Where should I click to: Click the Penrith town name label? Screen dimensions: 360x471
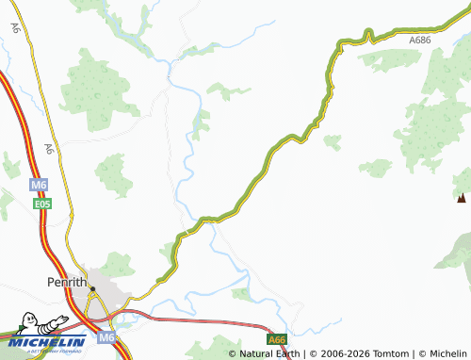[67, 282]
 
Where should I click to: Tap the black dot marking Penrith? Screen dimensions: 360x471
[92, 288]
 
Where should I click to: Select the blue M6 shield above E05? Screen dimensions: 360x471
[39, 185]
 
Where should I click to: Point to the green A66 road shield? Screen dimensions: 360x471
[276, 340]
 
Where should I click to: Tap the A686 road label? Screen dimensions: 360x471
[421, 41]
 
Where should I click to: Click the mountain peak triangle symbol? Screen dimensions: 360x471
[461, 198]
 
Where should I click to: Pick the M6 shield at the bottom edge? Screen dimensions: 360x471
[109, 337]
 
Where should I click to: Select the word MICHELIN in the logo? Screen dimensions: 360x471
[46, 341]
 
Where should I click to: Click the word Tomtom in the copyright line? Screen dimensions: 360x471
[388, 354]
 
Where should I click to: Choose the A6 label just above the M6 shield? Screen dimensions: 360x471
[48, 149]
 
